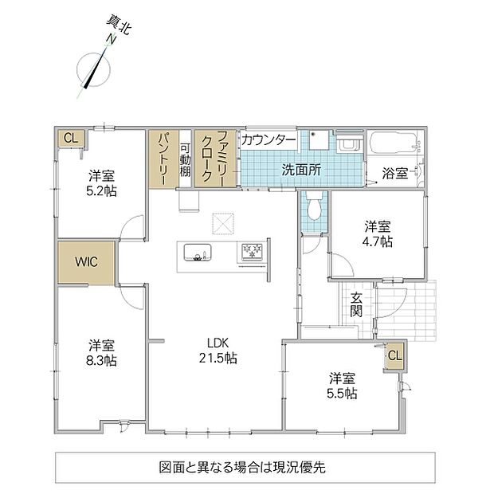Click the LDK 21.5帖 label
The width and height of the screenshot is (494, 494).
tap(218, 351)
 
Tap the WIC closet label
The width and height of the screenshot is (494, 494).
tap(86, 262)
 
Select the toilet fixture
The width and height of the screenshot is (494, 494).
tap(313, 206)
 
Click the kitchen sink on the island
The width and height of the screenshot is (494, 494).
tap(198, 252)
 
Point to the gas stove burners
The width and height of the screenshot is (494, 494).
tap(252, 251)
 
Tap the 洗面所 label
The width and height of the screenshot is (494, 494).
tap(301, 171)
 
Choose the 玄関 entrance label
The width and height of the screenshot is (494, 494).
tap(356, 304)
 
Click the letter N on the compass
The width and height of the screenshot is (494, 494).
tap(111, 39)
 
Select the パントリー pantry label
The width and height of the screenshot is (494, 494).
tap(163, 159)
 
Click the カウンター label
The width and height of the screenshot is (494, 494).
tap(269, 140)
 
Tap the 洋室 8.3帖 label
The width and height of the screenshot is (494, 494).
tap(101, 353)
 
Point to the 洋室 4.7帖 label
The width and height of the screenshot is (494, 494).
tap(378, 233)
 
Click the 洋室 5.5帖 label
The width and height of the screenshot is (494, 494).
tap(342, 386)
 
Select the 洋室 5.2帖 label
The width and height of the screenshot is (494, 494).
tap(101, 183)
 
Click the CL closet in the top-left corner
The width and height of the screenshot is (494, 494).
tap(71, 138)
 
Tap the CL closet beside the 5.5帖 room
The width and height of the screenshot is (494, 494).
tap(394, 355)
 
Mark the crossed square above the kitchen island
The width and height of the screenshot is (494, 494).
tap(223, 224)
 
